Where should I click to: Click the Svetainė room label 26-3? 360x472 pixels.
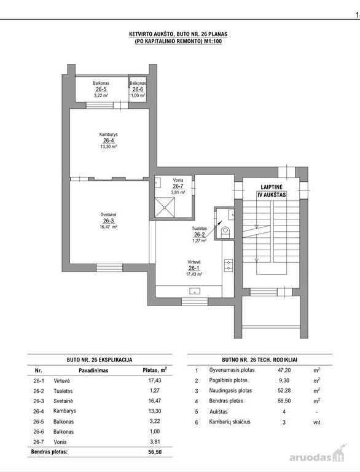pos(108,221)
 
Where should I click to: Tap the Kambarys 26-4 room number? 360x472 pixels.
pos(108,141)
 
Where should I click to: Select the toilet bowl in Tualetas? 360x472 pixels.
pos(225,231)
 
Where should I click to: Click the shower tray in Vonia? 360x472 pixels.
pos(165,206)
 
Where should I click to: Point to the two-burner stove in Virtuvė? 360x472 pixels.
pos(229,265)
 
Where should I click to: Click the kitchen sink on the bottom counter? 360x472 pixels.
pos(195,291)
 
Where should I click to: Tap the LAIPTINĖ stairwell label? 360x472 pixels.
pos(272,187)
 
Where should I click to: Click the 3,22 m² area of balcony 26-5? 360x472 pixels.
pos(101,95)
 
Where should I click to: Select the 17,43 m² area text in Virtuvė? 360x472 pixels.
pos(194,274)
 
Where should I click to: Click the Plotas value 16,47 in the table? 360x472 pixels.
pos(155,401)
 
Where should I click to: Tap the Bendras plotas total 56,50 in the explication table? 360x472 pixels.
pos(155,452)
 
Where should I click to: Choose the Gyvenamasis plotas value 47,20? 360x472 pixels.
pos(284,370)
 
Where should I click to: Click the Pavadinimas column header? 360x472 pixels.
pos(93,370)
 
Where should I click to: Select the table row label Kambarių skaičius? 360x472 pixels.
pos(230,422)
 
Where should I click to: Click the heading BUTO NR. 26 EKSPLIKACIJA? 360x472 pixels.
pos(100,360)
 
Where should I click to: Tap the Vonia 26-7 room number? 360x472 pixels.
pos(178,186)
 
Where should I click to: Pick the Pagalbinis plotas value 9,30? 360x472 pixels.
pos(284,380)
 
